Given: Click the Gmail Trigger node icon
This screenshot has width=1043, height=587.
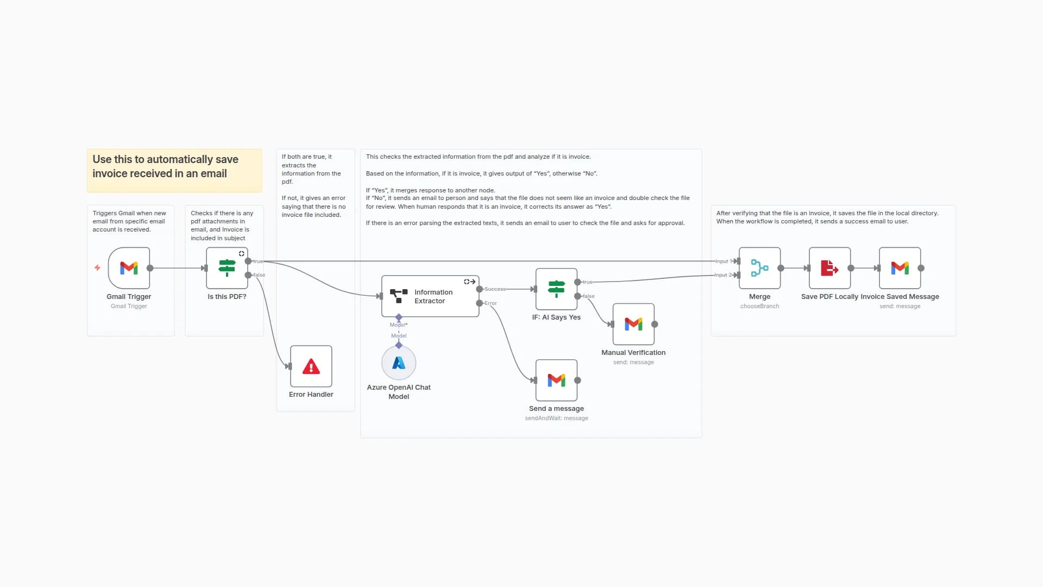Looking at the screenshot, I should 129,268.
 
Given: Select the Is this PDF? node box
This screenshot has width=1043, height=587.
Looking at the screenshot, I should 227,268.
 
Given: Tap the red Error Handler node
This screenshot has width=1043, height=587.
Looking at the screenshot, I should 311,366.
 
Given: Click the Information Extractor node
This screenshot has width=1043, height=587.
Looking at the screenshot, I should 430,296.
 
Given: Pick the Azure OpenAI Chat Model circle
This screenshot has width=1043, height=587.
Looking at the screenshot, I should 399,363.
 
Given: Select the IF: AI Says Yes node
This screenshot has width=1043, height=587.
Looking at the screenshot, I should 556,289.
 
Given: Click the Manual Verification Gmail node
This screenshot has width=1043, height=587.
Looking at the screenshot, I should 633,324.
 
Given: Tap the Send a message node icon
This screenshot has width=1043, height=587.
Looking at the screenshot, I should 556,380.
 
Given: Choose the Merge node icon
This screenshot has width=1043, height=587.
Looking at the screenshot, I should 759,268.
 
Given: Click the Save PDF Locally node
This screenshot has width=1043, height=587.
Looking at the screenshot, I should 830,268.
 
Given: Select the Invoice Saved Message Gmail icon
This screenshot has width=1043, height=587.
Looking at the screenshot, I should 900,268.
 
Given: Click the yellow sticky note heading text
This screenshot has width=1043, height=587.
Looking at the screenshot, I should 165,166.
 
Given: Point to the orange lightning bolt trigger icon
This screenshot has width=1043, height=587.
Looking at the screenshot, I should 97,268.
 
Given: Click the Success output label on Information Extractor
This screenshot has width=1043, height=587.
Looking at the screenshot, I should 495,289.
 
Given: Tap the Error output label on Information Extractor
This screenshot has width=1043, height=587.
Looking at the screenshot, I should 491,303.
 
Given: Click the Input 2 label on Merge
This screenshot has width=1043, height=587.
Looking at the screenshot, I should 721,275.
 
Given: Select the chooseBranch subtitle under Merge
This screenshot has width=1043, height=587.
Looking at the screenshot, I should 759,307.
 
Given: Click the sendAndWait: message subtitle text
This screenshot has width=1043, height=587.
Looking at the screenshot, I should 556,419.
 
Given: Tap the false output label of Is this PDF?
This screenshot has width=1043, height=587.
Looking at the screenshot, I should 260,275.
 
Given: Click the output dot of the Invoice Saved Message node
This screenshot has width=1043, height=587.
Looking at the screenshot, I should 921,268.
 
